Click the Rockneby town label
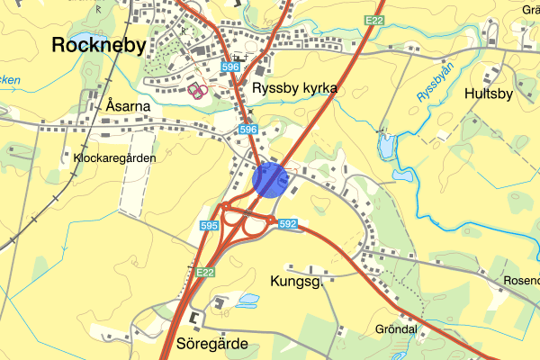click(x=98, y=44)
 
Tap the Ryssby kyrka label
click(x=294, y=88)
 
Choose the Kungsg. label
click(x=295, y=282)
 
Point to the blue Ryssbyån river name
click(x=435, y=82)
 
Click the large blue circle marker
click(x=270, y=179)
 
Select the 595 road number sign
click(x=210, y=225)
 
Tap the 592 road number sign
click(x=288, y=223)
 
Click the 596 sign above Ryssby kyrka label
click(x=231, y=67)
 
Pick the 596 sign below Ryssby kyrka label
click(x=248, y=130)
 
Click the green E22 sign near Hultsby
click(x=375, y=20)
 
